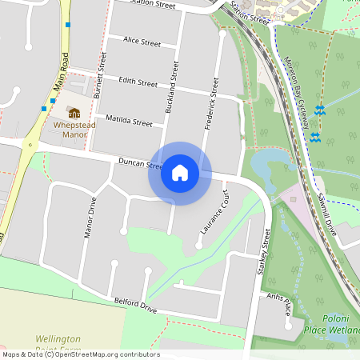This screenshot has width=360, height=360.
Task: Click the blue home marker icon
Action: click(x=180, y=173)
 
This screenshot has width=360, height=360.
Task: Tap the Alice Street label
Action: click(x=142, y=41)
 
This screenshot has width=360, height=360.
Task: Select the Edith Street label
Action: click(x=138, y=82)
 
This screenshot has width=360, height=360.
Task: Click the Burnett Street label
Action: click(x=100, y=77)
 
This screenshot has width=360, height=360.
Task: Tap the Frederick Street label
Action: click(x=210, y=105)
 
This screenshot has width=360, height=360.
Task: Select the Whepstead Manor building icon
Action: click(x=74, y=113)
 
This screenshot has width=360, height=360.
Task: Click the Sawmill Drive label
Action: click(x=328, y=211)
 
